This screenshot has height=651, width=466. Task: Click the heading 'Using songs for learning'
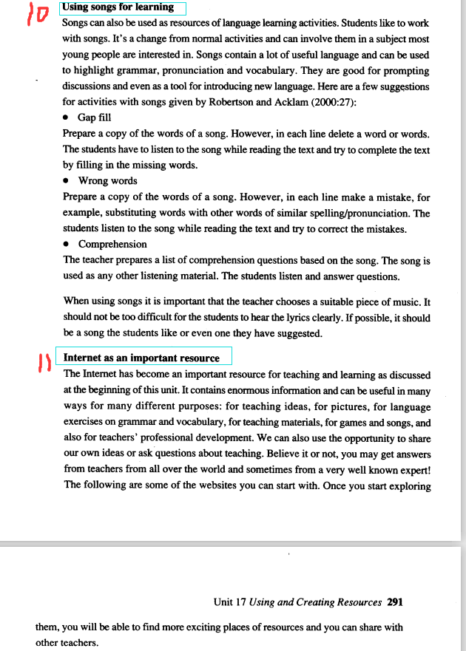[x=119, y=7]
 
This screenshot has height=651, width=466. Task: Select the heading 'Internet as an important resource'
[x=142, y=358]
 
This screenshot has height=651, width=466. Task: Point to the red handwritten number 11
[x=43, y=363]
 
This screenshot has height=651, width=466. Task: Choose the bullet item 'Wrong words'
[x=107, y=181]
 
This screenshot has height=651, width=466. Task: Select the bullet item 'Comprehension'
[x=112, y=245]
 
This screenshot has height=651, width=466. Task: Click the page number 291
[x=395, y=602]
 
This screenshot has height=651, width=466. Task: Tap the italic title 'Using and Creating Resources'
[x=316, y=602]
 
